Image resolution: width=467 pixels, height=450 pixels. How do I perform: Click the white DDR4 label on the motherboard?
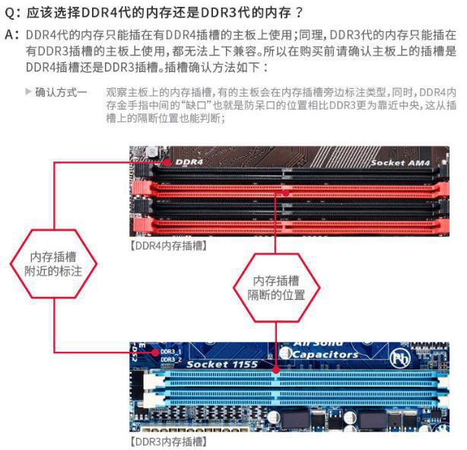[189, 162]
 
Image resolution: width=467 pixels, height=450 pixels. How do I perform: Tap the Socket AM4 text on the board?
[400, 163]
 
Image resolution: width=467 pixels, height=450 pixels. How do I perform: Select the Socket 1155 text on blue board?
[222, 364]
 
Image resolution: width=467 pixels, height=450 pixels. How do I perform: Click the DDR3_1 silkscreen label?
[171, 352]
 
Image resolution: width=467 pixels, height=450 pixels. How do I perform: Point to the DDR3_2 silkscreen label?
[171, 359]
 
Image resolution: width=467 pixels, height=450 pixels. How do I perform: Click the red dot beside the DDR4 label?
[167, 162]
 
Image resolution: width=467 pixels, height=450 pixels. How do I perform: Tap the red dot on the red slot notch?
[286, 193]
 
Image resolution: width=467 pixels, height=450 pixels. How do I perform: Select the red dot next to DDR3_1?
[155, 353]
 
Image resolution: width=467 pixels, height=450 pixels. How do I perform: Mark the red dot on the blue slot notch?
[276, 370]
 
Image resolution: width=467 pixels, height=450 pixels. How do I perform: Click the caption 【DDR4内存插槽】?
[169, 246]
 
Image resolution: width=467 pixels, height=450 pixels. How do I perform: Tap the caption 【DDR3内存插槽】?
[169, 442]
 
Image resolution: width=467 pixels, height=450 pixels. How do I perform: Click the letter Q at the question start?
[11, 13]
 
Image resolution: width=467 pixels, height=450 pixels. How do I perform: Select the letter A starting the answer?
[10, 35]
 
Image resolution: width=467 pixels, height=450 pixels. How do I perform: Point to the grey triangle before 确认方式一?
[28, 91]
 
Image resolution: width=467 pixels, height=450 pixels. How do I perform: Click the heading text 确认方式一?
[61, 92]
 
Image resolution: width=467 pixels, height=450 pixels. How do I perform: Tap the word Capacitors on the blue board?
[325, 354]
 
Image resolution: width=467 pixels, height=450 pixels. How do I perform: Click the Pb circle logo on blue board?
[400, 358]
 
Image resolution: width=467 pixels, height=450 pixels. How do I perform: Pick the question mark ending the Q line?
[299, 13]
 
